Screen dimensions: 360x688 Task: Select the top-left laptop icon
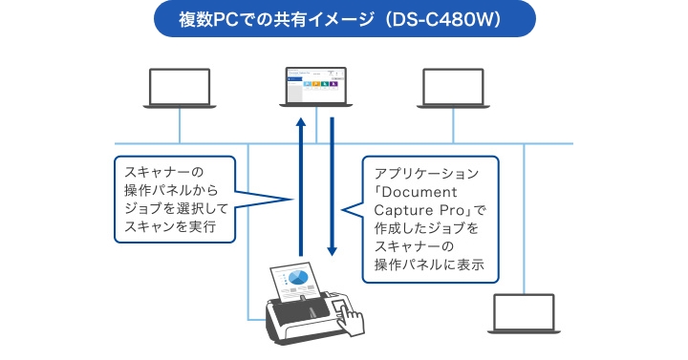coord(179,88)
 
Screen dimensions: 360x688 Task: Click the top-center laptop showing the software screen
coord(315,87)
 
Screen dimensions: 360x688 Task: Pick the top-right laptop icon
coord(455,88)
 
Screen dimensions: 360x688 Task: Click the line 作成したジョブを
coord(424,230)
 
